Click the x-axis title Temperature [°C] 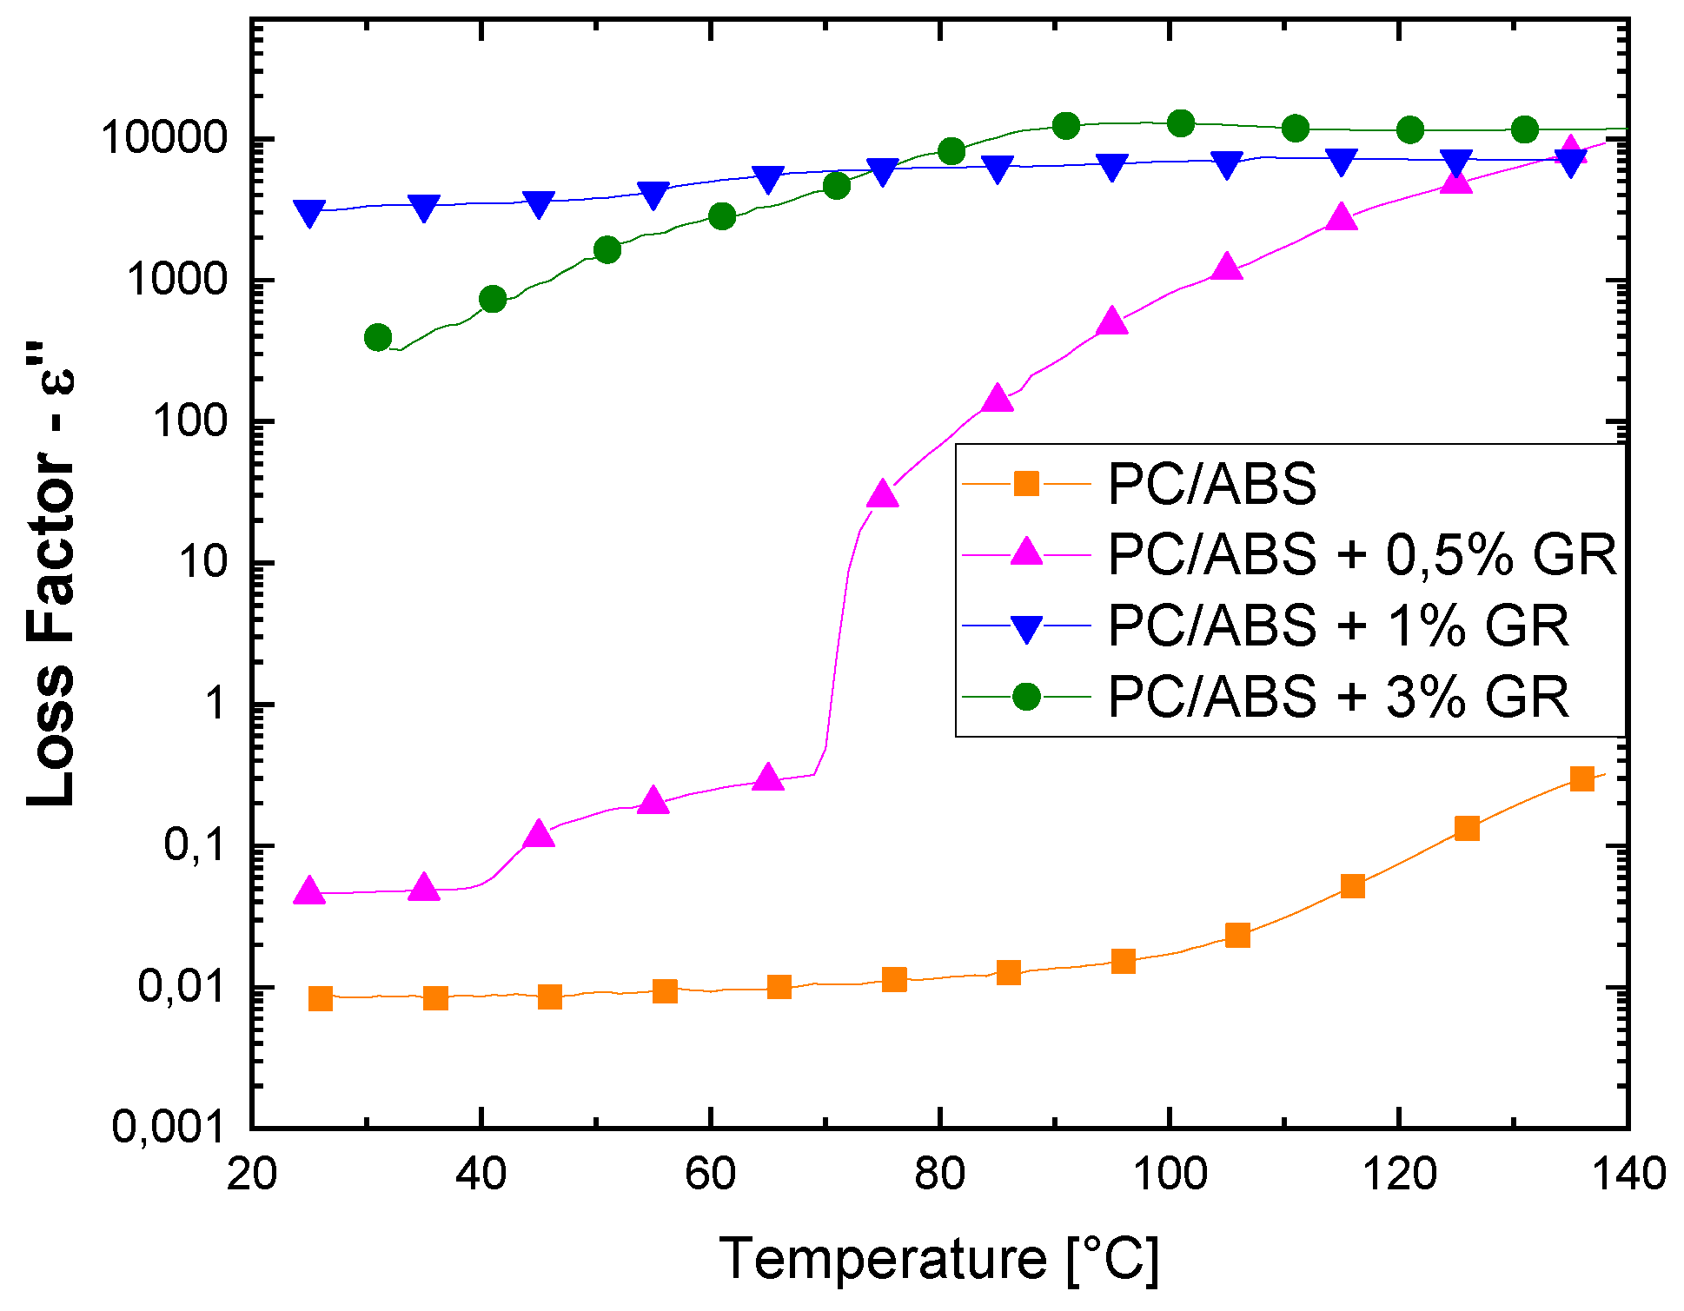click(938, 1259)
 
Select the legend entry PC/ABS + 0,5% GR click(1362, 554)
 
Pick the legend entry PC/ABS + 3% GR click(1338, 697)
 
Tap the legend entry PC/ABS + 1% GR click(1338, 626)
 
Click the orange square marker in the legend click(1026, 483)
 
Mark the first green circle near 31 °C click(378, 337)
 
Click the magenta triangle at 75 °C click(883, 494)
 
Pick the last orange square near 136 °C click(1582, 778)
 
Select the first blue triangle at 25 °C click(309, 212)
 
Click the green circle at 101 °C click(1181, 123)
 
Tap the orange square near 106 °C click(1237, 935)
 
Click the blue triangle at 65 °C click(768, 179)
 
